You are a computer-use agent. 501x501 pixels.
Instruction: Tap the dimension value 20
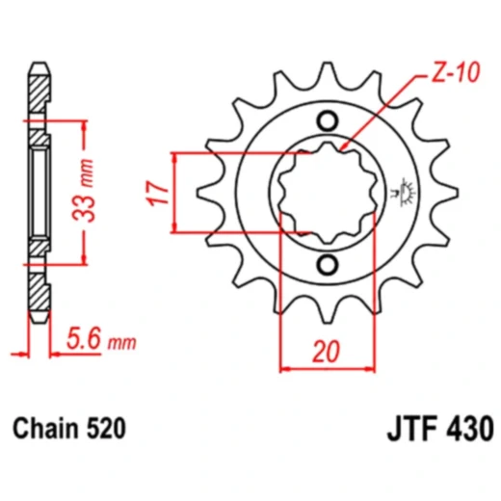tap(328, 352)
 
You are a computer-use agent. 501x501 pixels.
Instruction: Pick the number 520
tap(107, 425)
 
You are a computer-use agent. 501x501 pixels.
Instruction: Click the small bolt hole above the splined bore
tap(328, 120)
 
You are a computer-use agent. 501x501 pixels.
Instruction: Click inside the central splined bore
tap(328, 192)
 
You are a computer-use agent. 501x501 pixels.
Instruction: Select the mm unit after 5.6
tap(121, 342)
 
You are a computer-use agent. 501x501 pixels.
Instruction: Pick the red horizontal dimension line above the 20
tap(328, 367)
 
